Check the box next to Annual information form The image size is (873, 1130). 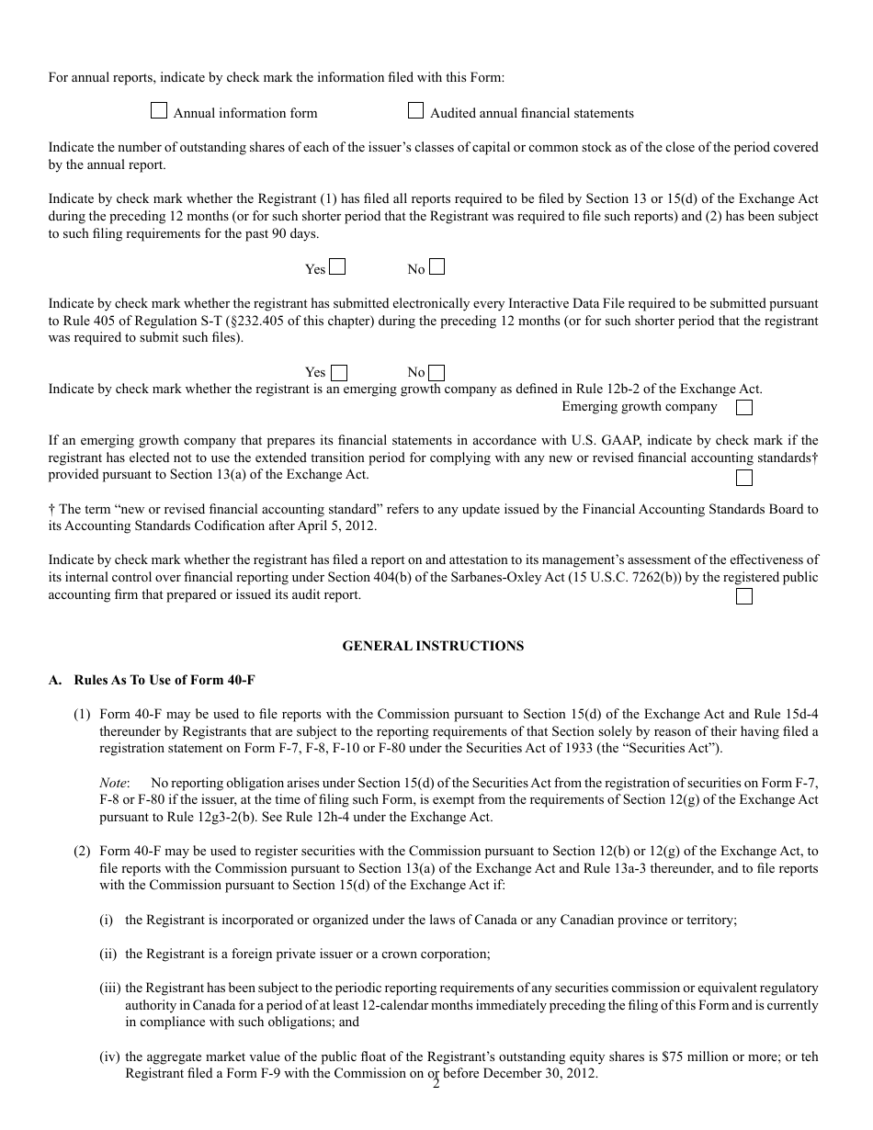coord(159,111)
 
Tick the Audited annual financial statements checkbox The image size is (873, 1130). coord(415,111)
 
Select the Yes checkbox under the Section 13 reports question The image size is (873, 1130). coord(337,267)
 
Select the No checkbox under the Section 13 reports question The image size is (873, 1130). coord(437,267)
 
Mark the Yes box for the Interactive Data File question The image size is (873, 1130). coord(339,373)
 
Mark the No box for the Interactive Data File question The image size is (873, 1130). coord(437,373)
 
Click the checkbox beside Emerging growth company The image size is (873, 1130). coord(744,407)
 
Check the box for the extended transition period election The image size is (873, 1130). coord(744,478)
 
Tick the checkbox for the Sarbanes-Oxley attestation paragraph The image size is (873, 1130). coord(744,596)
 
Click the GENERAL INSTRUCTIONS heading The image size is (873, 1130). coord(433,646)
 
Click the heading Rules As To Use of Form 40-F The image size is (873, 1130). coord(164,681)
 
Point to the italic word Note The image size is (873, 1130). coord(113,783)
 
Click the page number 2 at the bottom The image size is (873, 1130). coord(436,1085)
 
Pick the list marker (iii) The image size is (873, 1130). coord(109,988)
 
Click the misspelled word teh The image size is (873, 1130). coord(809,1057)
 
